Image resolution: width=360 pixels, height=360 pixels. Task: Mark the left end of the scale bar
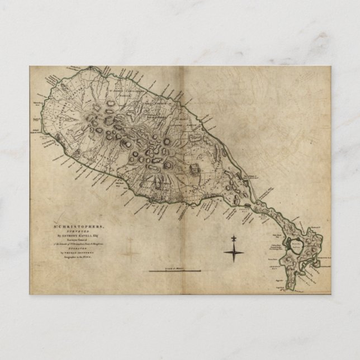(x=149, y=272)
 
